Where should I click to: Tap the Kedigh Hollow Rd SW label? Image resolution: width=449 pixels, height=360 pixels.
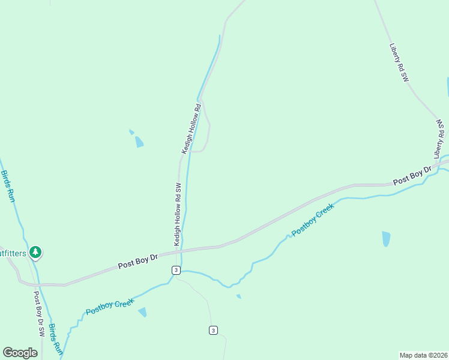[x=178, y=214]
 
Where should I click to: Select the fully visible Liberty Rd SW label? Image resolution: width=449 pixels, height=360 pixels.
[x=399, y=62]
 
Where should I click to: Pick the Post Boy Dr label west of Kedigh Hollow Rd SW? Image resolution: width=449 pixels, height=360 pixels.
[x=137, y=260]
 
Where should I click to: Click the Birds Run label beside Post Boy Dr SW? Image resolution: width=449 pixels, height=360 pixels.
[x=55, y=339]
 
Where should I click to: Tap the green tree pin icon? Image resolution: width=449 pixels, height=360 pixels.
[x=36, y=253]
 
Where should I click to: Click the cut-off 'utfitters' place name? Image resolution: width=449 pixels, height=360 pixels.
[x=13, y=253]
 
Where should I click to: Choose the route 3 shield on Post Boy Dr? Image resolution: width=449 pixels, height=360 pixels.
[x=175, y=270]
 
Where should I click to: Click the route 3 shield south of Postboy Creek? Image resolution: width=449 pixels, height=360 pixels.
[x=213, y=330]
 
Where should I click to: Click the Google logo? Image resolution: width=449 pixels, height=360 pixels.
[x=20, y=353]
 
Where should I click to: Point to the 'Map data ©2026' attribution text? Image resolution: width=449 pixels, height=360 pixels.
[x=423, y=355]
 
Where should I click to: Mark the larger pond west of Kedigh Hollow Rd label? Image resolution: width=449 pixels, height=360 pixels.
[x=139, y=142]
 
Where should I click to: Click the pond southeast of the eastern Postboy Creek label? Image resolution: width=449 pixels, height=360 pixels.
[x=386, y=239]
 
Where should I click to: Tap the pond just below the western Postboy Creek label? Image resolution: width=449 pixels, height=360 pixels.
[x=142, y=312]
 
